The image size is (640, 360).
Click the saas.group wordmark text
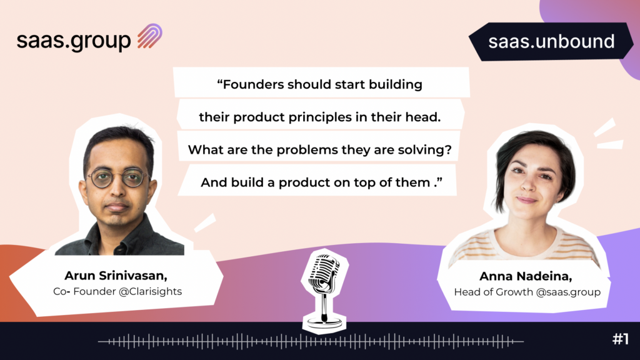coord(74,41)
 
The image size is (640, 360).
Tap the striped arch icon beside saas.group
coord(150,36)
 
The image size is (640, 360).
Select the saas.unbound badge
coord(551,42)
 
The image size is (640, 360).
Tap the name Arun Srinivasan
coord(116,276)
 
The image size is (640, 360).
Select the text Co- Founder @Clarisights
coord(117,291)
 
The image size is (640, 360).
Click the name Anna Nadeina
coord(526,276)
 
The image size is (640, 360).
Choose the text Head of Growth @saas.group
coord(527,292)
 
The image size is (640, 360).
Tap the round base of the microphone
coord(324,322)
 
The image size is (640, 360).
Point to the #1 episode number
coord(621,339)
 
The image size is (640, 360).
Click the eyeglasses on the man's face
coord(118,179)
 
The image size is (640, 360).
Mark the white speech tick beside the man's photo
coord(204,223)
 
